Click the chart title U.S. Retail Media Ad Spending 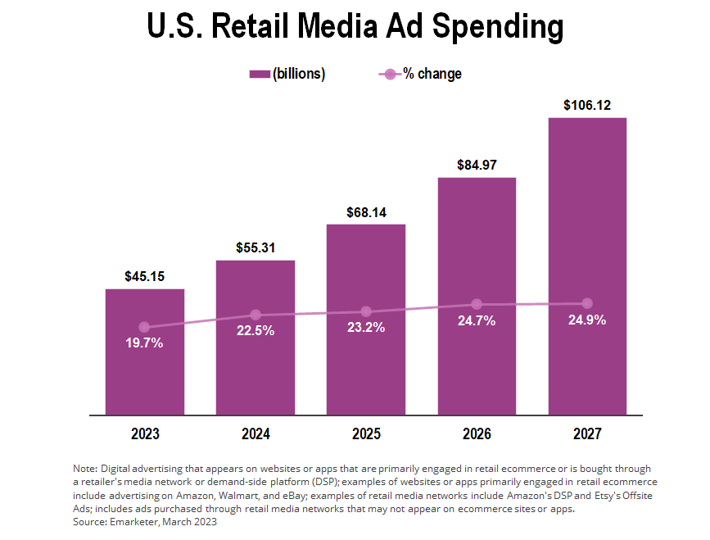355,26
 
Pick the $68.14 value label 366,212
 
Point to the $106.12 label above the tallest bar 587,106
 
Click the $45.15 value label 145,277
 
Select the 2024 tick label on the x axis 256,433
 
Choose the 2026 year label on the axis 477,433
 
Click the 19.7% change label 145,343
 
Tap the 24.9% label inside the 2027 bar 587,320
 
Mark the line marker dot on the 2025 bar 366,311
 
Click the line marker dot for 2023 145,327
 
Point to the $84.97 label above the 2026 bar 477,166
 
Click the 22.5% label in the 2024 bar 256,331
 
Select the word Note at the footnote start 84,467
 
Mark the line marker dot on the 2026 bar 477,305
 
